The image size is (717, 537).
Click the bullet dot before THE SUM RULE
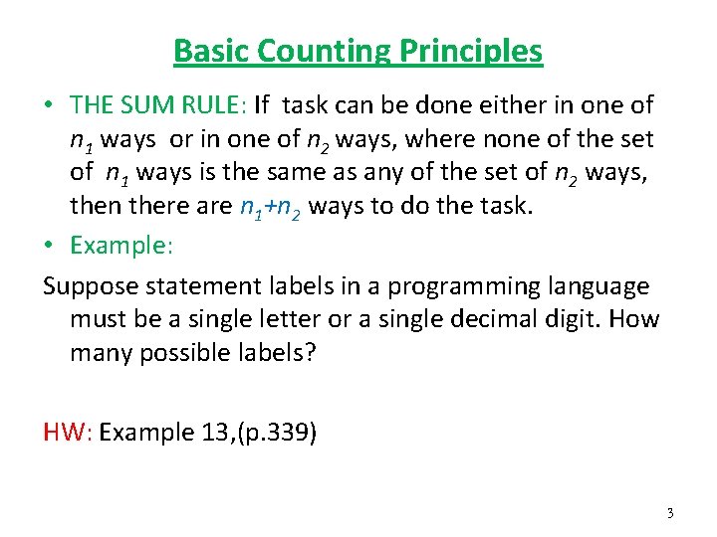click(49, 104)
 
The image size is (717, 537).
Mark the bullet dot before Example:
click(49, 246)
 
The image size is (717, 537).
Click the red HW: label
click(68, 433)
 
